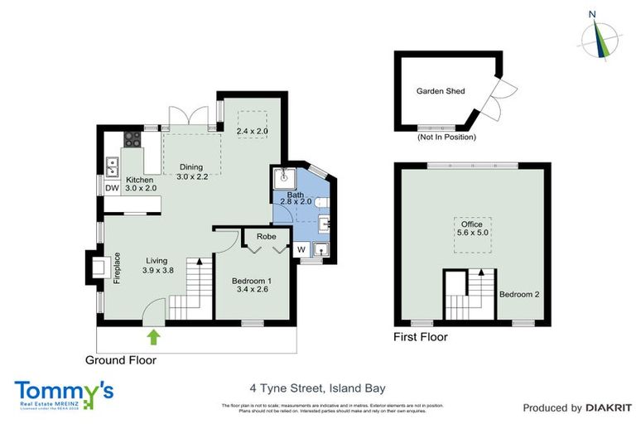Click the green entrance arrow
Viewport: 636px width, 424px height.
(154, 336)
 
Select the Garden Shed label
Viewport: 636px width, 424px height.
(440, 92)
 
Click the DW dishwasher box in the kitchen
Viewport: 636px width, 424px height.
(111, 188)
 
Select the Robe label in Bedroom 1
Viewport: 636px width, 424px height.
(266, 236)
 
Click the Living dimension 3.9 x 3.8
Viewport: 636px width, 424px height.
(157, 270)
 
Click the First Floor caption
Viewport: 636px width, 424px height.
(421, 337)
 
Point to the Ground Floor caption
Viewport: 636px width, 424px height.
(121, 360)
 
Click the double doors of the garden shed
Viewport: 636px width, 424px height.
(497, 93)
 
